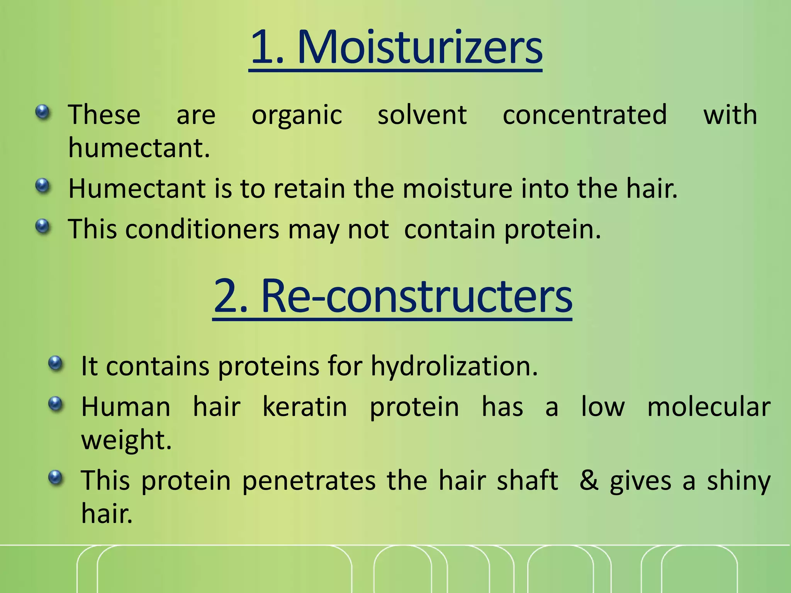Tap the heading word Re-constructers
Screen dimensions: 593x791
(416, 296)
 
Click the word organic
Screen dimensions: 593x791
(297, 115)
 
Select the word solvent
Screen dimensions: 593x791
(422, 115)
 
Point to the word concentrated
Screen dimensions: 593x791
(584, 115)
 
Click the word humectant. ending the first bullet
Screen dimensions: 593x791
(139, 148)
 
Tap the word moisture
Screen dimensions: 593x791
(457, 189)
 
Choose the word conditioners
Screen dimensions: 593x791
(202, 229)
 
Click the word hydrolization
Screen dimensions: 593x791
(454, 366)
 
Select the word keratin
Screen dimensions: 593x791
(305, 407)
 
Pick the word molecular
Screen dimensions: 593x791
(709, 407)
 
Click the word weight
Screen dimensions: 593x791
(126, 440)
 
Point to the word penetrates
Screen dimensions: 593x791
(309, 481)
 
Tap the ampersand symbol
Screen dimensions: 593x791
(589, 481)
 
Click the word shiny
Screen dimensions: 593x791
(738, 481)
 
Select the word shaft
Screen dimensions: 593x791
(527, 481)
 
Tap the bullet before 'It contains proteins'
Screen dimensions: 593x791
(56, 363)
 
